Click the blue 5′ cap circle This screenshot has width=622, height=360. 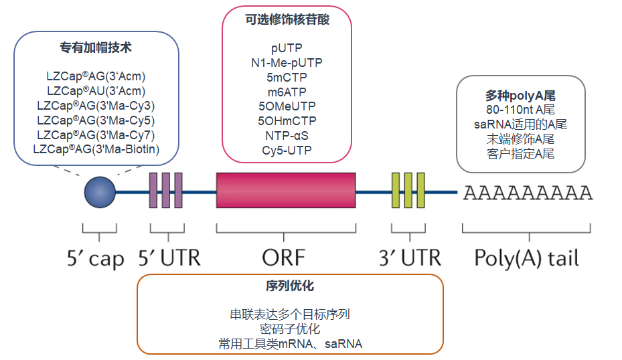100,192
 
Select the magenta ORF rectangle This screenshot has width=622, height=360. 286,191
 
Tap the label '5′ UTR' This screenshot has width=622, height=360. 169,258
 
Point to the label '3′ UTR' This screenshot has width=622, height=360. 409,258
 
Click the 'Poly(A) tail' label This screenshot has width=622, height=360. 526,258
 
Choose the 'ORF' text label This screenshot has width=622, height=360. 284,258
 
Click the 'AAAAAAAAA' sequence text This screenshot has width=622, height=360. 528,193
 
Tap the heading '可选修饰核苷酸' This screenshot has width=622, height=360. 287,20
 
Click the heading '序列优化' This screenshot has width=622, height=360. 289,286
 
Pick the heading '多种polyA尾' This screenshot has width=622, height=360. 520,96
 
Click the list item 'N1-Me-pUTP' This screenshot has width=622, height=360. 287,62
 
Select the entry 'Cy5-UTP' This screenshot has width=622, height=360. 287,150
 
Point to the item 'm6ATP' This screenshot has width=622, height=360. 287,91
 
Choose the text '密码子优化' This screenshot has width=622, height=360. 289,329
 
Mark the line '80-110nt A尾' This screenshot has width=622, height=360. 520,110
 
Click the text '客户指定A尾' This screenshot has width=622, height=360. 520,153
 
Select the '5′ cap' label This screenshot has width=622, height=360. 99,258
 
